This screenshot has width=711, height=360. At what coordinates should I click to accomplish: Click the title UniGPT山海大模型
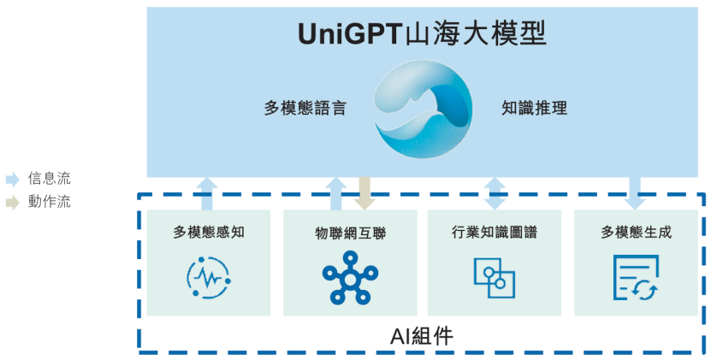pos(423,34)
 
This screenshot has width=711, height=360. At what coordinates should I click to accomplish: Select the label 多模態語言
pos(305,109)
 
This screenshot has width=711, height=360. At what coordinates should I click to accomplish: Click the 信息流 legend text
pos(50,179)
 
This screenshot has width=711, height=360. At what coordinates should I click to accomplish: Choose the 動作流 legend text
pos(50,203)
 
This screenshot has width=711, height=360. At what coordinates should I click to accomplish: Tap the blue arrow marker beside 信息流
pos(12,180)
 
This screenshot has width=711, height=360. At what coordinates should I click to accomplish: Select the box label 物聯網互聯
pos(351,233)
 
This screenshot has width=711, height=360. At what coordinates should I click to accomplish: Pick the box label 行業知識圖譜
pos(495,232)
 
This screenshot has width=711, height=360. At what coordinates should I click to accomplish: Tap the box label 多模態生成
pos(635,232)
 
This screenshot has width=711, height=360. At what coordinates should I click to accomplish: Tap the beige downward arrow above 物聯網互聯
pos(364,193)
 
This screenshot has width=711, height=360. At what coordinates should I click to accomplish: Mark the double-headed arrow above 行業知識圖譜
pos(495,193)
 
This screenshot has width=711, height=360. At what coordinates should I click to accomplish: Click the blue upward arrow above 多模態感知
pos(207,193)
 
